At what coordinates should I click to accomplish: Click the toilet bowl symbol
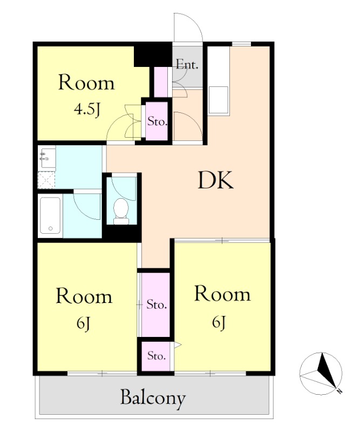pos(121,211)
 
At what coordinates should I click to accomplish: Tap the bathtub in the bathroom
pos(50,215)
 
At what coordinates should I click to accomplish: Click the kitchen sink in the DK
pos(219,100)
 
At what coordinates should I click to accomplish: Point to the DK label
pos(216,180)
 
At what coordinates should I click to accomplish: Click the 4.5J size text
pos(86,110)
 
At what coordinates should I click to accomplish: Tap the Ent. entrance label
pos(187,65)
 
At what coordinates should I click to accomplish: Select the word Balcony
pos(153,398)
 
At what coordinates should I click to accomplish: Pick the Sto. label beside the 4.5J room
pos(157,121)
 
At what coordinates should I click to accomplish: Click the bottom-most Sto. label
pos(157,356)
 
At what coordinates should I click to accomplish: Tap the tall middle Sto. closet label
pos(157,305)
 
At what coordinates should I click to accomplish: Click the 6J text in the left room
pos(84,323)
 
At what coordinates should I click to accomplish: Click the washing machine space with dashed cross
pos(46,180)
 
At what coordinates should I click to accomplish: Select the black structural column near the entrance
pos(153,56)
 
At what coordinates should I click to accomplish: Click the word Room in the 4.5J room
pos(86,83)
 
